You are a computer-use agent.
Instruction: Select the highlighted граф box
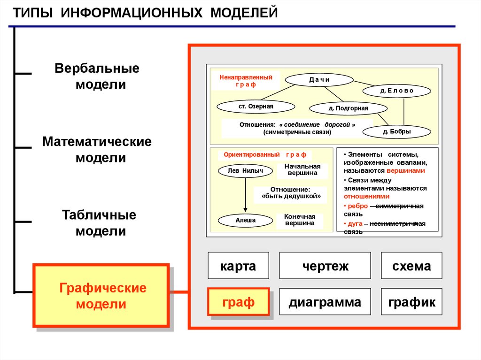[239, 302]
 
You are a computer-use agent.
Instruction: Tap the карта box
[239, 266]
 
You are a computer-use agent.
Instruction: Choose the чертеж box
[325, 266]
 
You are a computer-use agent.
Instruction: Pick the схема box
[411, 266]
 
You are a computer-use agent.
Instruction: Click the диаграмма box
[325, 302]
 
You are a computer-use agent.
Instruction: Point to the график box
[411, 302]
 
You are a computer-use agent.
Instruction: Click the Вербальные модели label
[97, 76]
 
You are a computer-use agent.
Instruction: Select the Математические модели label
[97, 149]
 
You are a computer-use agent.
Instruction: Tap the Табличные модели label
[99, 223]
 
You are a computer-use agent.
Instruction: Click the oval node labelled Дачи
[319, 80]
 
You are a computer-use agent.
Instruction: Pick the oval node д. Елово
[397, 91]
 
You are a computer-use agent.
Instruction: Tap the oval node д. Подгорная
[348, 108]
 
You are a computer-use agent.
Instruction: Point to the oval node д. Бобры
[397, 132]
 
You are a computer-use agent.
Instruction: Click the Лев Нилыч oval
[245, 171]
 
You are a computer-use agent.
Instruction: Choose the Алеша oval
[245, 220]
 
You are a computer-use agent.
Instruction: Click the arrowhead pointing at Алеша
[245, 209]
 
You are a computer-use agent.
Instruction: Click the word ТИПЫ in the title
[32, 13]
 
